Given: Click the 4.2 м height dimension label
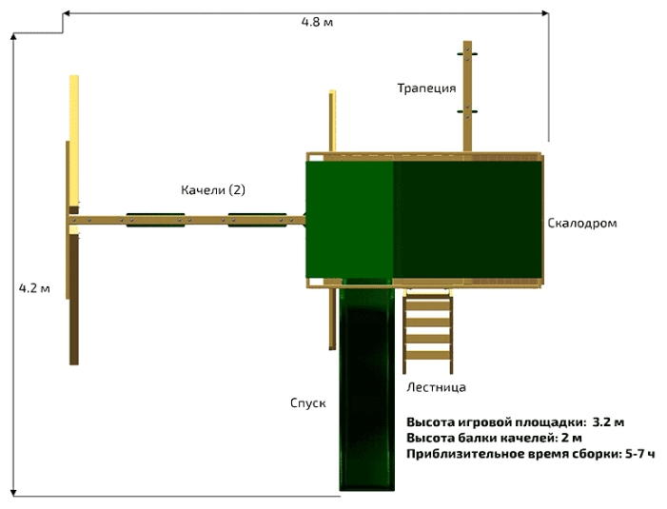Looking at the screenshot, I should coord(34,287).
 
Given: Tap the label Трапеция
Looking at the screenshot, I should coord(426,88).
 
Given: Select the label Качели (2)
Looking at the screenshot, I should coord(213,190).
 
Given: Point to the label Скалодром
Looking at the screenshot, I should coord(582,224).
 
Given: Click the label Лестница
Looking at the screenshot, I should coord(436,387).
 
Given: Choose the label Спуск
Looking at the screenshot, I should coord(308,402).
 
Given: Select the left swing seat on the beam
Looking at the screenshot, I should coord(155,221).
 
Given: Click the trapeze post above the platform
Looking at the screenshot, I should coord(467,95).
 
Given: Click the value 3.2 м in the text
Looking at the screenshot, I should coord(608,421).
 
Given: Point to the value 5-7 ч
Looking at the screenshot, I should coord(639,454).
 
